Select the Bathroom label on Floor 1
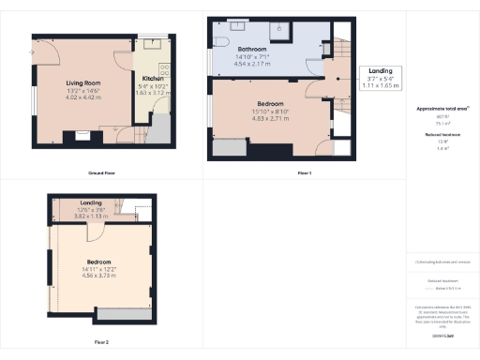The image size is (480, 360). pyautogui.click(x=253, y=48)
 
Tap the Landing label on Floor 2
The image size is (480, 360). pyautogui.click(x=91, y=203)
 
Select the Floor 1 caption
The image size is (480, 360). pyautogui.click(x=304, y=174)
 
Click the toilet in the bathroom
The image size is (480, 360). pyautogui.click(x=226, y=40)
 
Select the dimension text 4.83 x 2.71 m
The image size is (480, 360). pyautogui.click(x=272, y=120)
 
